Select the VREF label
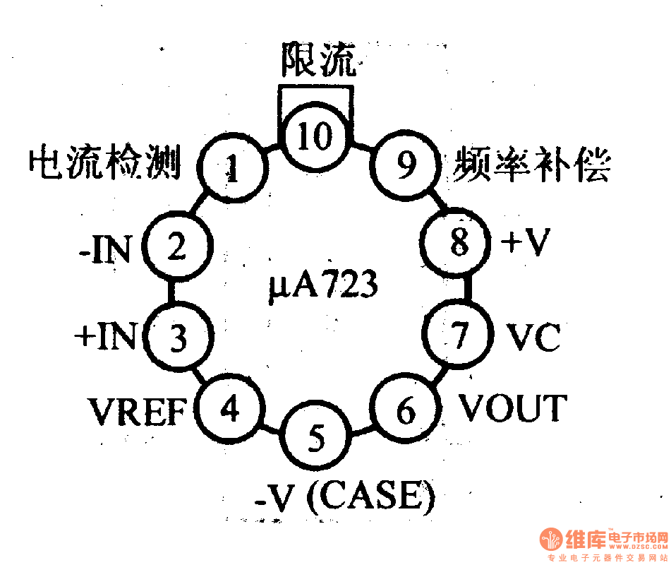tap(138, 411)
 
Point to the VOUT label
tap(513, 408)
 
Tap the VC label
tap(533, 337)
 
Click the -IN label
tap(105, 249)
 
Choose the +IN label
tap(106, 335)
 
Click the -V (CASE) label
tap(345, 497)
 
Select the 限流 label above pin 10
tap(318, 59)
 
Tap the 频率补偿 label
tap(532, 164)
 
